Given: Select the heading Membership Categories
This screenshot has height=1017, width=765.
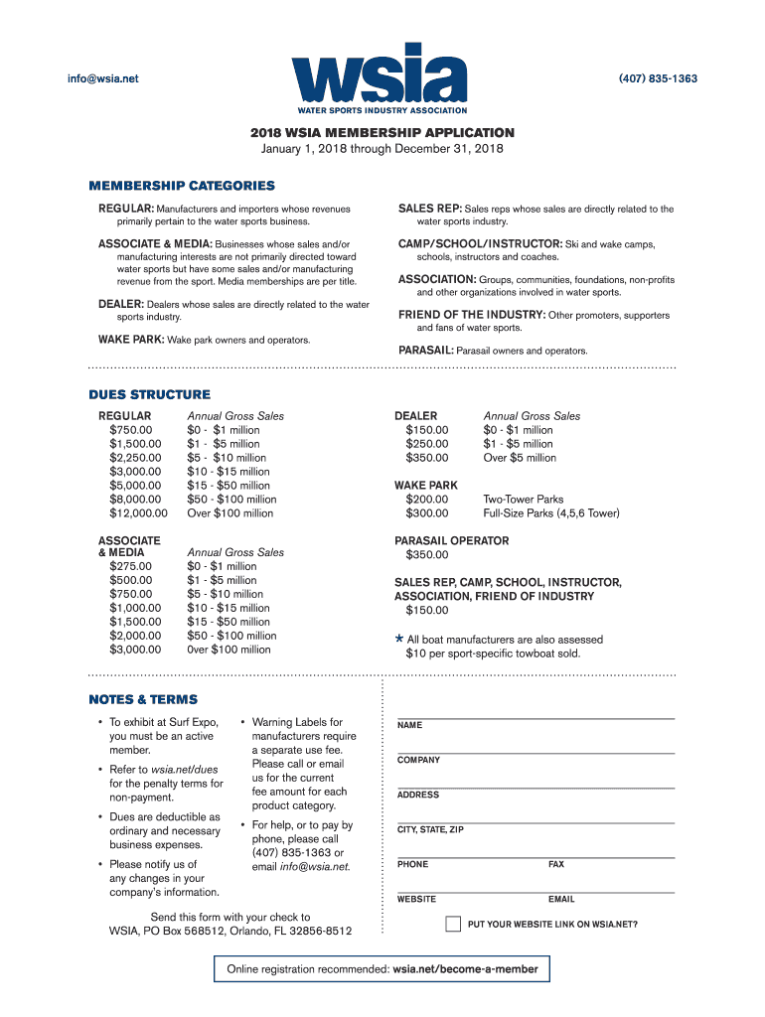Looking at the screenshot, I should [182, 186].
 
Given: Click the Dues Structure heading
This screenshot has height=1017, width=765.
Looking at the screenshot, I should [150, 394].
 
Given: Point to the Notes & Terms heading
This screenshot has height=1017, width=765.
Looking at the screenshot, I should [143, 699].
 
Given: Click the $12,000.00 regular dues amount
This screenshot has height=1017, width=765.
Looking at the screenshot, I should [138, 513].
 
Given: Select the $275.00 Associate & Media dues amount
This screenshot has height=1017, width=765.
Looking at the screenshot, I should [131, 566].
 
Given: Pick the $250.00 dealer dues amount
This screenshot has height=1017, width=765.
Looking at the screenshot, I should [427, 444].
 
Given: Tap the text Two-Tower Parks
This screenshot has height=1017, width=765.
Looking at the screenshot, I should [524, 500].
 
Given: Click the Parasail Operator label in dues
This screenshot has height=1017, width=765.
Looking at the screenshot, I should [451, 541].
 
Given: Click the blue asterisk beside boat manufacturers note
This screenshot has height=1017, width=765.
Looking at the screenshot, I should [399, 640].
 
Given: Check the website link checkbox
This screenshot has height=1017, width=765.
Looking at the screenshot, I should [453, 924].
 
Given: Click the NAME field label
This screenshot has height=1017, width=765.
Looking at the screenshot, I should [409, 726].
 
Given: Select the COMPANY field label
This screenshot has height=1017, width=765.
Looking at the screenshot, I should [418, 761].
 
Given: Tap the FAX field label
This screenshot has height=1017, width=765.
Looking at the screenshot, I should [556, 865].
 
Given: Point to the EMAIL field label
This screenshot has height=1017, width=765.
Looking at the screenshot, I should [561, 900].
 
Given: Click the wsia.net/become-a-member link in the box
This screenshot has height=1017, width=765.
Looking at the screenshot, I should [465, 969].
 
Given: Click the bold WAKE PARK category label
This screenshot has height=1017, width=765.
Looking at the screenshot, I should [130, 340].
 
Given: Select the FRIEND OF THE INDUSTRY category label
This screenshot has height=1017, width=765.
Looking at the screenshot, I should [472, 315].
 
